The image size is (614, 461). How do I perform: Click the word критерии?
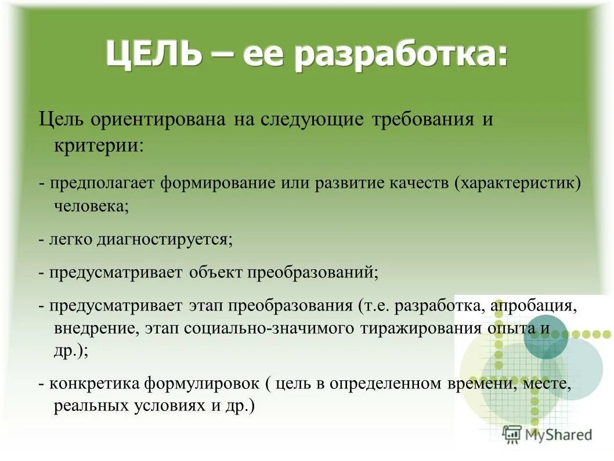98,144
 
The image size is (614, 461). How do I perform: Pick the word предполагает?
102,183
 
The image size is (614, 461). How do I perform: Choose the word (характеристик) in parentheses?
518,183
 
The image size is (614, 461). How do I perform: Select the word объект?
215,272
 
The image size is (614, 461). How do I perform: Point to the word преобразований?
313,272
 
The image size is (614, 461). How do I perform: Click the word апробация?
533,305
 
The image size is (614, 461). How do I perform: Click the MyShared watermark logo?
547,434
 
